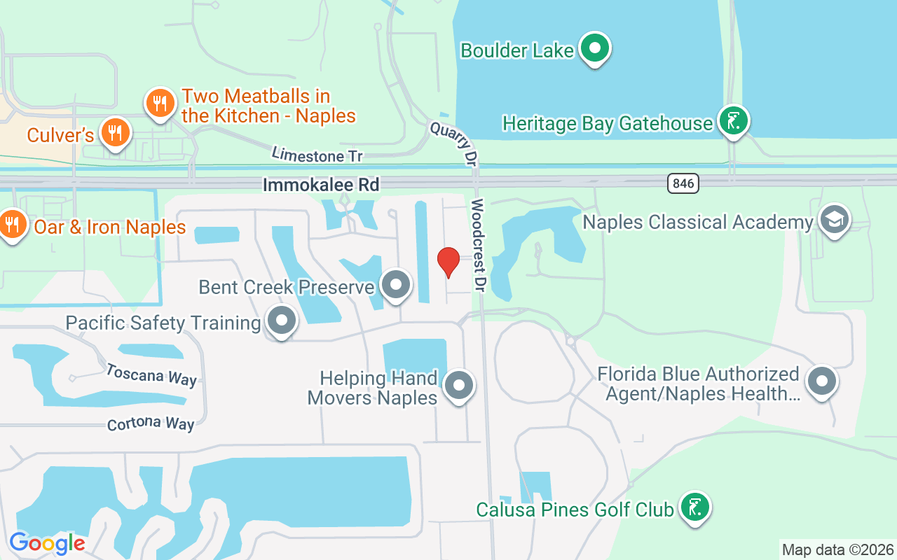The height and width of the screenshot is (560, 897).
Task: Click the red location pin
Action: [x=448, y=262]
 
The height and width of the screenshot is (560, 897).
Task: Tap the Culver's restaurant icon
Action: [x=114, y=132]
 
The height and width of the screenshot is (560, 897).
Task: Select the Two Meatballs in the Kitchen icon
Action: [x=160, y=104]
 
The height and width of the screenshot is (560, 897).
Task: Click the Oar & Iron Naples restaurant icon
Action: [x=12, y=224]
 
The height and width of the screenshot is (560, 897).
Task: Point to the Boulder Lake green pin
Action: [x=596, y=48]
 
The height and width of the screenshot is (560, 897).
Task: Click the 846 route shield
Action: [x=683, y=183]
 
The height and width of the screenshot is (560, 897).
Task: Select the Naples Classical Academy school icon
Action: [x=834, y=220]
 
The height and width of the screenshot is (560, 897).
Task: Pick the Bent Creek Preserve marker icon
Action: [x=395, y=285]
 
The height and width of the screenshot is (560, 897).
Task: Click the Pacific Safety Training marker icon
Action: [x=282, y=321]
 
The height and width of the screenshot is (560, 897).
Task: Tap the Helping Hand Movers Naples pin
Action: [x=459, y=384]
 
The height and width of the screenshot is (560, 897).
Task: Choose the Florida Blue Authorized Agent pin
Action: [x=821, y=381]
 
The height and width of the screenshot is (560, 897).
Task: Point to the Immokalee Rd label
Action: [x=321, y=185]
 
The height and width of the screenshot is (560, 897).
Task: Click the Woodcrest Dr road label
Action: [x=479, y=245]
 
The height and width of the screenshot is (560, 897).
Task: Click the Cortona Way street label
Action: [x=150, y=423]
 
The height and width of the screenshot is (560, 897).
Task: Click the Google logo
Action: [x=47, y=542]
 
